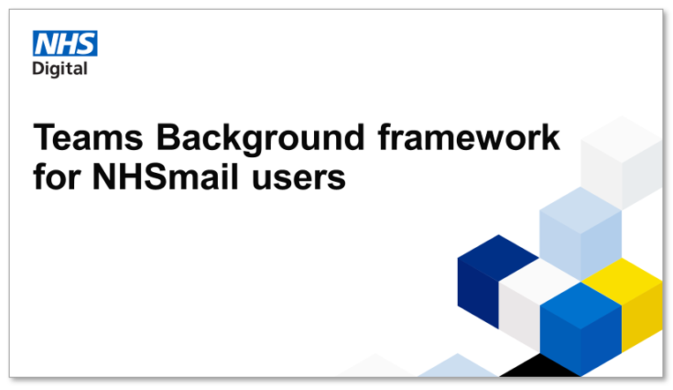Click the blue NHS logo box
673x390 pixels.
click(x=65, y=43)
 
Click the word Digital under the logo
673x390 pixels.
click(x=60, y=69)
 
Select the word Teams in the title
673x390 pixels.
click(x=88, y=138)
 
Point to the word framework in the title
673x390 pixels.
click(x=468, y=137)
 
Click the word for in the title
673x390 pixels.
click(x=57, y=176)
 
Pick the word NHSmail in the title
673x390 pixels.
click(x=165, y=176)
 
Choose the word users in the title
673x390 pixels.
click(x=299, y=179)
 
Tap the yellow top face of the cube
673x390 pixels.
click(x=623, y=281)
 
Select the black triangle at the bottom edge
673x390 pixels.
click(x=540, y=366)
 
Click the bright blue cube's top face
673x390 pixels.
click(x=580, y=305)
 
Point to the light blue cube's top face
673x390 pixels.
click(x=580, y=211)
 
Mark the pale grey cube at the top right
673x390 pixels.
click(x=622, y=162)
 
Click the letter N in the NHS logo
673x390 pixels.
click(x=45, y=43)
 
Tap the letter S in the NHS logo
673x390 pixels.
click(x=86, y=43)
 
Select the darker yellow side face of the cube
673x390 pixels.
click(x=642, y=317)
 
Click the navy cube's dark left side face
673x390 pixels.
click(x=478, y=293)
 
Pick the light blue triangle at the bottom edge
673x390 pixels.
click(x=458, y=367)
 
